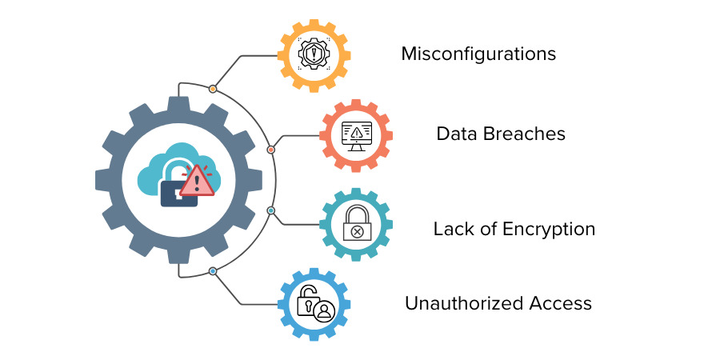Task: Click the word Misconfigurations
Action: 478,54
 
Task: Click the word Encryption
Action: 549,229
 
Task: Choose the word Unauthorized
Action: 464,303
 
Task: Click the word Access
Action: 561,303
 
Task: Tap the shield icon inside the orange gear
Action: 314,54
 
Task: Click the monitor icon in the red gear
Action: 356,136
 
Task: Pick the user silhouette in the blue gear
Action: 325,310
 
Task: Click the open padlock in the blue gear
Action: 306,300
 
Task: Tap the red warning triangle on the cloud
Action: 197,181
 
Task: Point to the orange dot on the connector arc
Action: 213,89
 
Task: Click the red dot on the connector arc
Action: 271,150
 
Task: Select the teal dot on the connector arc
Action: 271,210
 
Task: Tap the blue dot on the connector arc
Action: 213,271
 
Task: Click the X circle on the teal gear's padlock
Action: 356,232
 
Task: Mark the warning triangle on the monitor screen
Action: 356,133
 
